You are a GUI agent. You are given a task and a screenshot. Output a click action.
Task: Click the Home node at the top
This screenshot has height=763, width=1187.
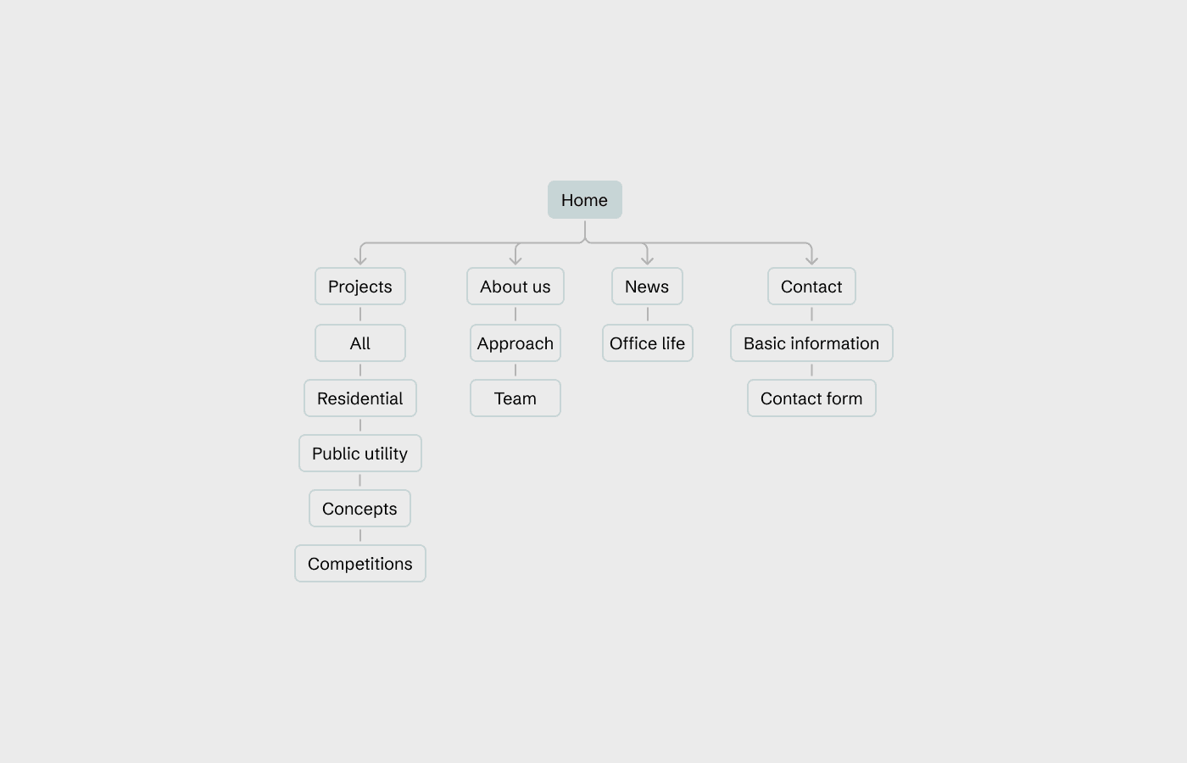(584, 200)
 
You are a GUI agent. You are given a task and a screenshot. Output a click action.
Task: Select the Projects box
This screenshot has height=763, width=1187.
(360, 287)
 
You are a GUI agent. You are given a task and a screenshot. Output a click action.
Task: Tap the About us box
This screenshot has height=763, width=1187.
(515, 287)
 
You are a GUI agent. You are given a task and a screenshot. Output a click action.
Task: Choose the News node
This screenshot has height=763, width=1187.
(647, 287)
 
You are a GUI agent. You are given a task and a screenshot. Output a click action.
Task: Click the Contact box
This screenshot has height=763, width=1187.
(811, 287)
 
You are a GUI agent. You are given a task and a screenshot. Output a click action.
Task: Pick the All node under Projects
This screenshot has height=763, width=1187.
(360, 343)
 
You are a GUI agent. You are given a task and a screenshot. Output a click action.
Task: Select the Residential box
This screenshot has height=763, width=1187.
(360, 398)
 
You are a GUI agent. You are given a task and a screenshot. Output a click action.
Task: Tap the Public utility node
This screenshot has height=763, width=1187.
(360, 454)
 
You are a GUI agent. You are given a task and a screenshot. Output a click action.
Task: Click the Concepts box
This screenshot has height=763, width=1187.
(359, 509)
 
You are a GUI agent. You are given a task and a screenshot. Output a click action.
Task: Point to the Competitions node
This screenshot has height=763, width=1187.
(360, 564)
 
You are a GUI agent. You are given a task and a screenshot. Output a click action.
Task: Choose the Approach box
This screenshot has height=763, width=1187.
(515, 343)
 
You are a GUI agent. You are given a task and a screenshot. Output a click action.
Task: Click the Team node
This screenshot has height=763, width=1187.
(515, 398)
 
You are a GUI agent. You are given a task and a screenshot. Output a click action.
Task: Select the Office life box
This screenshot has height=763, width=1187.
(647, 343)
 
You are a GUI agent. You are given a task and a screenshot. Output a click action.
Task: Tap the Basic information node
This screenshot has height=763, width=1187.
(811, 343)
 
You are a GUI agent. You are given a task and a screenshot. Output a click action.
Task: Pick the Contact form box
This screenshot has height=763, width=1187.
(811, 398)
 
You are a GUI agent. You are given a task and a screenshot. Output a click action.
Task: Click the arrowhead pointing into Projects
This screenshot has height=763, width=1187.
(360, 260)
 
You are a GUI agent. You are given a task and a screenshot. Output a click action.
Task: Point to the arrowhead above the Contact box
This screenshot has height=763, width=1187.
(811, 260)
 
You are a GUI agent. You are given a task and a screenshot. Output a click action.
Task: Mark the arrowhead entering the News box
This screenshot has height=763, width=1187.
(647, 260)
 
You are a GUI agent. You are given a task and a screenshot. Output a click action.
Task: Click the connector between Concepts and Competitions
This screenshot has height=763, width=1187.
(360, 536)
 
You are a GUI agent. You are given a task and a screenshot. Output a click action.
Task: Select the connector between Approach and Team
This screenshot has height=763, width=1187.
(515, 370)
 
